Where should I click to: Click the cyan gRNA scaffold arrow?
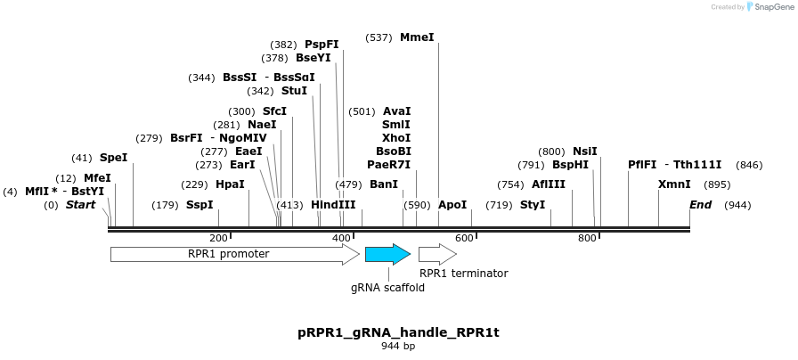387,255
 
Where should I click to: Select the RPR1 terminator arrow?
436,255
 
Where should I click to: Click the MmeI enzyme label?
417,37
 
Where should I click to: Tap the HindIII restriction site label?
333,205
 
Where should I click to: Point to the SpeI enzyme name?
113,158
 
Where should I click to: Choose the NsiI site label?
585,151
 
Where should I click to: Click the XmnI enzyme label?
674,184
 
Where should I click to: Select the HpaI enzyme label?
230,184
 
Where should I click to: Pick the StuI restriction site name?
294,91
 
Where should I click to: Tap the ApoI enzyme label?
452,205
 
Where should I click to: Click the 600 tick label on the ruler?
463,239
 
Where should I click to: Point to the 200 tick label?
218,239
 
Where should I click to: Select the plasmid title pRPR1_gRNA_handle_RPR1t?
398,332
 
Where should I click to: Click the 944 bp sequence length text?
398,346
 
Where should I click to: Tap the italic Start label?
80,205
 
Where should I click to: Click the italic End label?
701,205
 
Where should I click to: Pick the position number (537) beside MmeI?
379,37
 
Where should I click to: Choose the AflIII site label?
549,184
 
